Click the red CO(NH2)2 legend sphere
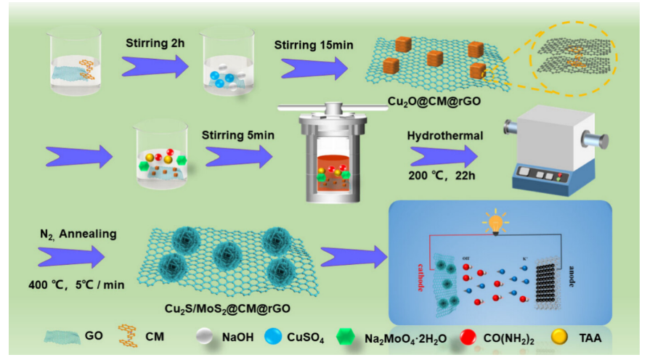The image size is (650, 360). tap(470, 337)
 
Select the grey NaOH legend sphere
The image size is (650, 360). tap(208, 337)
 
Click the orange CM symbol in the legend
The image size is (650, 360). tap(131, 337)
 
